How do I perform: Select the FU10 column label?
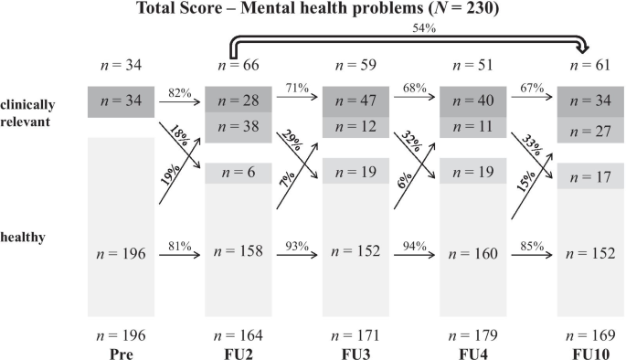point(585,352)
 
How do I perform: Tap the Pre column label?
point(121,352)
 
